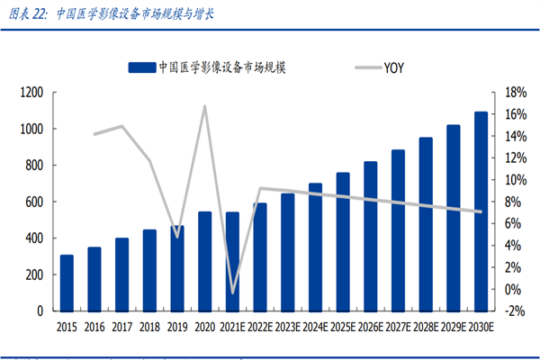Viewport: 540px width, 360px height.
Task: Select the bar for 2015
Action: point(67,283)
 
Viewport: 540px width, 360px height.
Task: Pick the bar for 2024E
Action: point(315,247)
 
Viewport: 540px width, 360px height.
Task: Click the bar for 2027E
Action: point(398,229)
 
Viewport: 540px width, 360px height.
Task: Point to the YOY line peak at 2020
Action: point(204,106)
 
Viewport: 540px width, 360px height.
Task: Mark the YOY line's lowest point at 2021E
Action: point(232,292)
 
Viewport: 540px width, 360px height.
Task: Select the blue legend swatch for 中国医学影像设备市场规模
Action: point(141,67)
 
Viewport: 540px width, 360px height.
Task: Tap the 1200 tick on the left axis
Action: point(31,93)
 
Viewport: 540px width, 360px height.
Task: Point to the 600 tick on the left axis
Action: point(34,202)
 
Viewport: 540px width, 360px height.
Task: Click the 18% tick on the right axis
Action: point(514,93)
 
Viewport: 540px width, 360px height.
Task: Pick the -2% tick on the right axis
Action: point(514,310)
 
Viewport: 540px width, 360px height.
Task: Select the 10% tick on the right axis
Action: point(514,180)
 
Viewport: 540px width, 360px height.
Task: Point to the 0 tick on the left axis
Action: point(40,310)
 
